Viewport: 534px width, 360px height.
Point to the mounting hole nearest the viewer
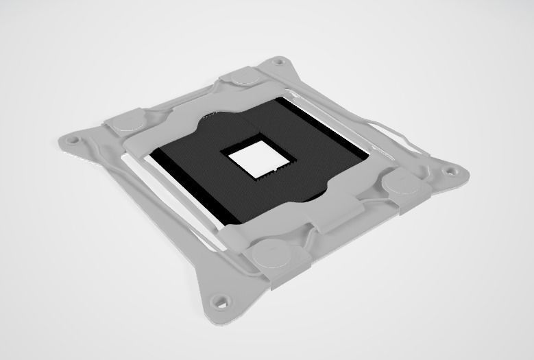coord(219,300)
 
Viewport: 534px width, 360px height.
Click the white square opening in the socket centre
coord(251,162)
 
